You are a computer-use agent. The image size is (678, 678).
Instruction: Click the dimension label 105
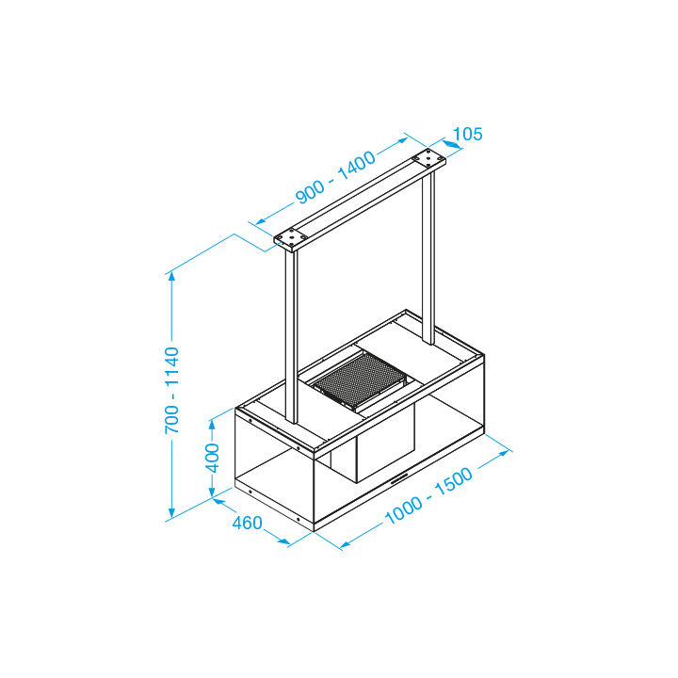(467, 134)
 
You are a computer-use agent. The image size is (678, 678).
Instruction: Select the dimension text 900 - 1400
(335, 177)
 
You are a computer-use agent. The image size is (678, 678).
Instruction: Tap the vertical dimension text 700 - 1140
(171, 390)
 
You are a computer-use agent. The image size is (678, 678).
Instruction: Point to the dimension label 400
(212, 458)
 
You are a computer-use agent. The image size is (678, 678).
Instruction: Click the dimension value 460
(248, 524)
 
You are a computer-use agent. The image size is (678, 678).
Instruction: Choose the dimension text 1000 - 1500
(428, 495)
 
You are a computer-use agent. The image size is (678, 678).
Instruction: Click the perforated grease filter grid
(360, 379)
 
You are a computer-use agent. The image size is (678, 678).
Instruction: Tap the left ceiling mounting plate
(291, 238)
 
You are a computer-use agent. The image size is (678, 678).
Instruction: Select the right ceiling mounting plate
(428, 158)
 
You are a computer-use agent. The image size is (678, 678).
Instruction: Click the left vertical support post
(291, 336)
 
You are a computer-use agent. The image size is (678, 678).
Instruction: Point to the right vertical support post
(428, 257)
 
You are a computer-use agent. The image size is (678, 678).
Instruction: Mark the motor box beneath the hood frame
(385, 444)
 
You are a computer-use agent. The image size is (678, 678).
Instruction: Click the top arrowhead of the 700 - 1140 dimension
(171, 276)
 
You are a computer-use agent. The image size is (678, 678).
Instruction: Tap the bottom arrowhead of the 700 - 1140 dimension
(171, 513)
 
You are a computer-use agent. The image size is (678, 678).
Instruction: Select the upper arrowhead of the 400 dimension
(212, 424)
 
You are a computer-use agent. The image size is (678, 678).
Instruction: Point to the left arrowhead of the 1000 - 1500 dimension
(346, 544)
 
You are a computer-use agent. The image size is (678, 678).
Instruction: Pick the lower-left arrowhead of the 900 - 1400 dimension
(260, 221)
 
